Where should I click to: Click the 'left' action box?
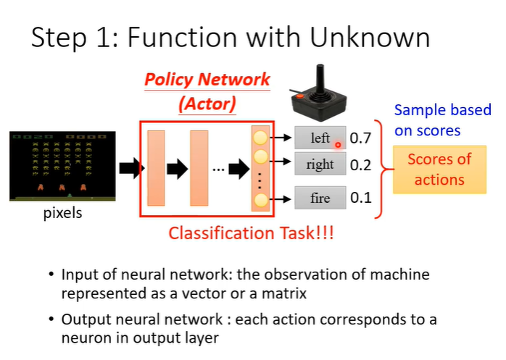(320, 138)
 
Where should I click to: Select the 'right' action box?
(320, 164)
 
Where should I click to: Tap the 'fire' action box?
(320, 198)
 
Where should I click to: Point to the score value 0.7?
(360, 138)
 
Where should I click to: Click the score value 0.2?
(360, 165)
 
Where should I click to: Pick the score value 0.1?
(360, 198)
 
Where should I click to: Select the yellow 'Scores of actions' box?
(439, 169)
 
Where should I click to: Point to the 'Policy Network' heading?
(207, 80)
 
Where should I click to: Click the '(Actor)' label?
(207, 104)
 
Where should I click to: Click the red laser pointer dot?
(338, 144)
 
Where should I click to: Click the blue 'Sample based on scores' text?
(443, 120)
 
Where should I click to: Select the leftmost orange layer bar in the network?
(157, 168)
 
